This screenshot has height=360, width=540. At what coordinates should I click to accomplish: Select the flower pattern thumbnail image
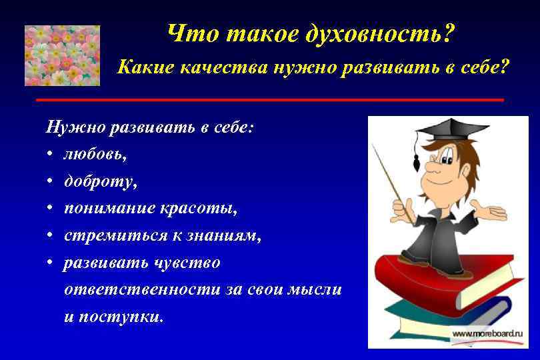(62, 55)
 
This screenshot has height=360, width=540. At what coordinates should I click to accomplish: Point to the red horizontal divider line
(270, 99)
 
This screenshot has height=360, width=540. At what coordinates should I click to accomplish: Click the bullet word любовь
(93, 154)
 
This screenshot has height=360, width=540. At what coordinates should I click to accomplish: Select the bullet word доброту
(97, 181)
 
